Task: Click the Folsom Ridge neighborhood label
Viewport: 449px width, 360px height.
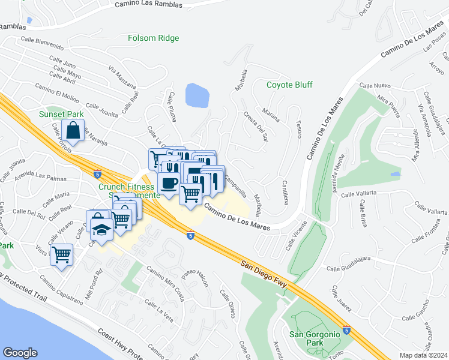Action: click(x=153, y=38)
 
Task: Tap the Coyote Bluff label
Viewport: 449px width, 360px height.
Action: click(x=289, y=85)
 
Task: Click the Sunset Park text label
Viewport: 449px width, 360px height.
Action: click(x=61, y=114)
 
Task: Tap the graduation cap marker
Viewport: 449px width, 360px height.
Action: click(x=101, y=228)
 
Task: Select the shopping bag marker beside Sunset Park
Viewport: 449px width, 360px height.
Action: click(x=73, y=130)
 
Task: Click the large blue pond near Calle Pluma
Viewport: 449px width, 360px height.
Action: click(x=197, y=95)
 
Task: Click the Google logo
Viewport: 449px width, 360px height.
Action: click(x=20, y=353)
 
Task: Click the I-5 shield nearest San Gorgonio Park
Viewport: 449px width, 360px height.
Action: click(x=346, y=329)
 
